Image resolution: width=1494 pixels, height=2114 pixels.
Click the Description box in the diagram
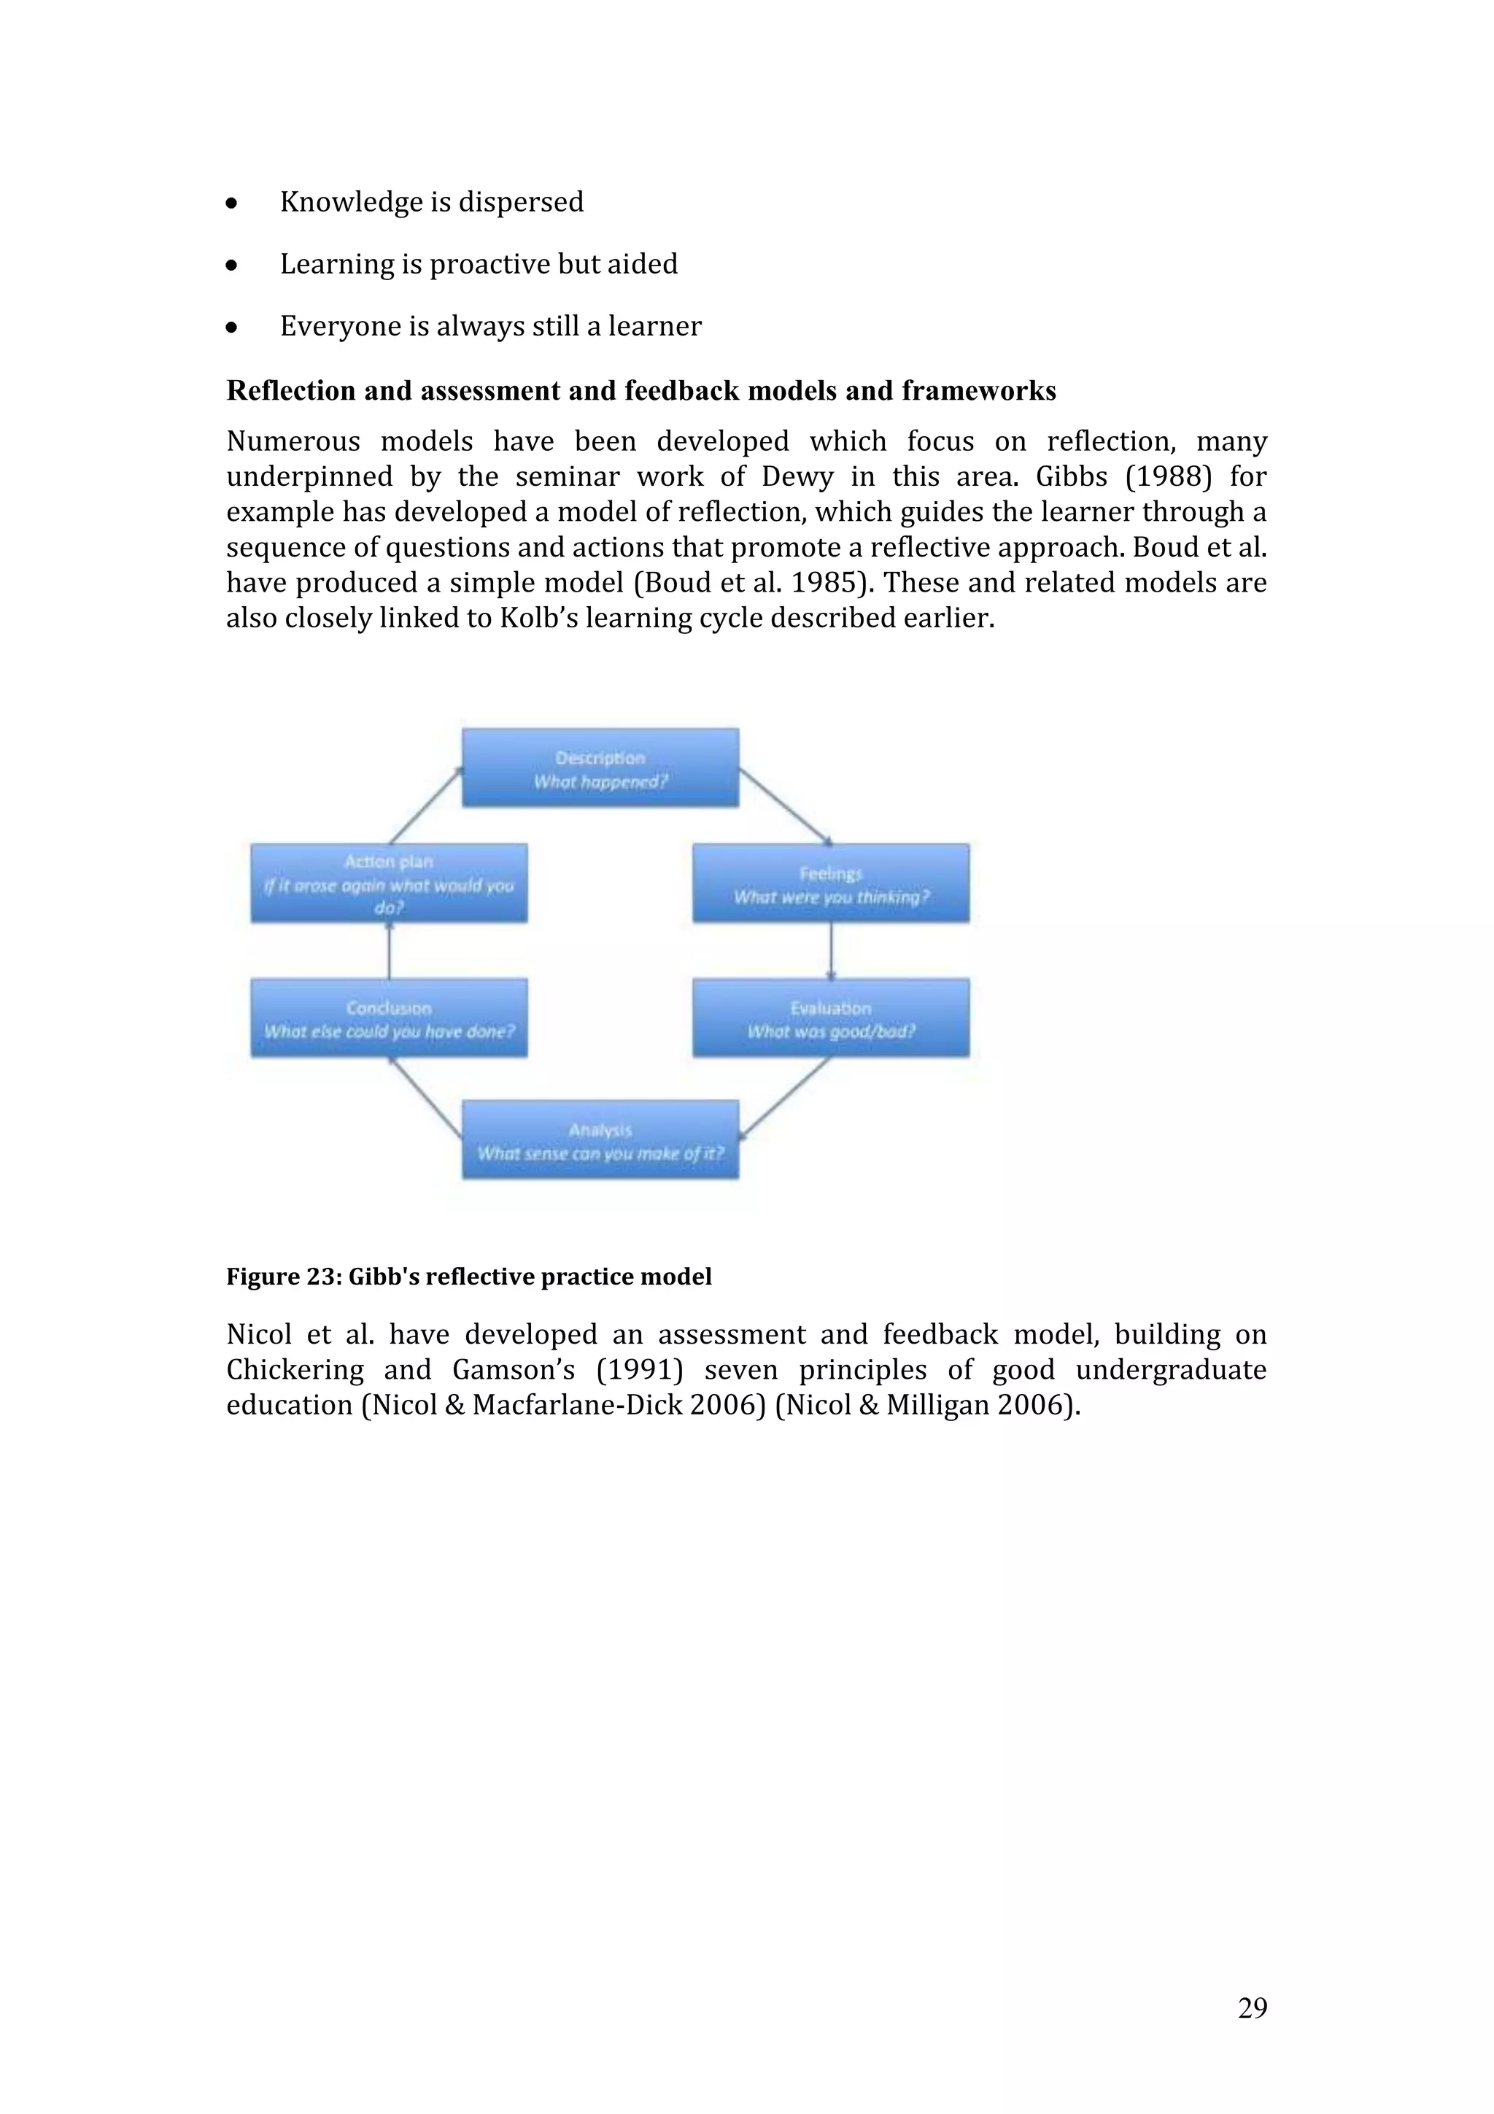tap(600, 769)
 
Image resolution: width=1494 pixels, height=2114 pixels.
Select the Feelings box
tap(830, 884)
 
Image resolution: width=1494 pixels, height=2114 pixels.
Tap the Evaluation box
tap(830, 1018)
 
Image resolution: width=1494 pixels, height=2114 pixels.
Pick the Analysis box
tap(600, 1140)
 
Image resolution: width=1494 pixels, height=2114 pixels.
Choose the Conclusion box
tap(389, 1018)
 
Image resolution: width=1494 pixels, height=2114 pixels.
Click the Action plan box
tap(389, 884)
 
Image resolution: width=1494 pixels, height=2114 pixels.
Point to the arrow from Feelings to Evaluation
tap(831, 950)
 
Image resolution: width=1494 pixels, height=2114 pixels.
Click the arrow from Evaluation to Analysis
tap(784, 1096)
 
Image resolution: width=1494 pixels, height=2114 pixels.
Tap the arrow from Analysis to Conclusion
tap(425, 1096)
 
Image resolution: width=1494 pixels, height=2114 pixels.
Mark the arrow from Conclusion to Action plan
tap(390, 950)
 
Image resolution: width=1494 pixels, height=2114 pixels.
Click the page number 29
tap(1252, 2007)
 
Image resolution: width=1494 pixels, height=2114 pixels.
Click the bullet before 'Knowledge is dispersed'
tap(232, 204)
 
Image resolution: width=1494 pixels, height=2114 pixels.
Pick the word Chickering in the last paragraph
tap(295, 1370)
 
